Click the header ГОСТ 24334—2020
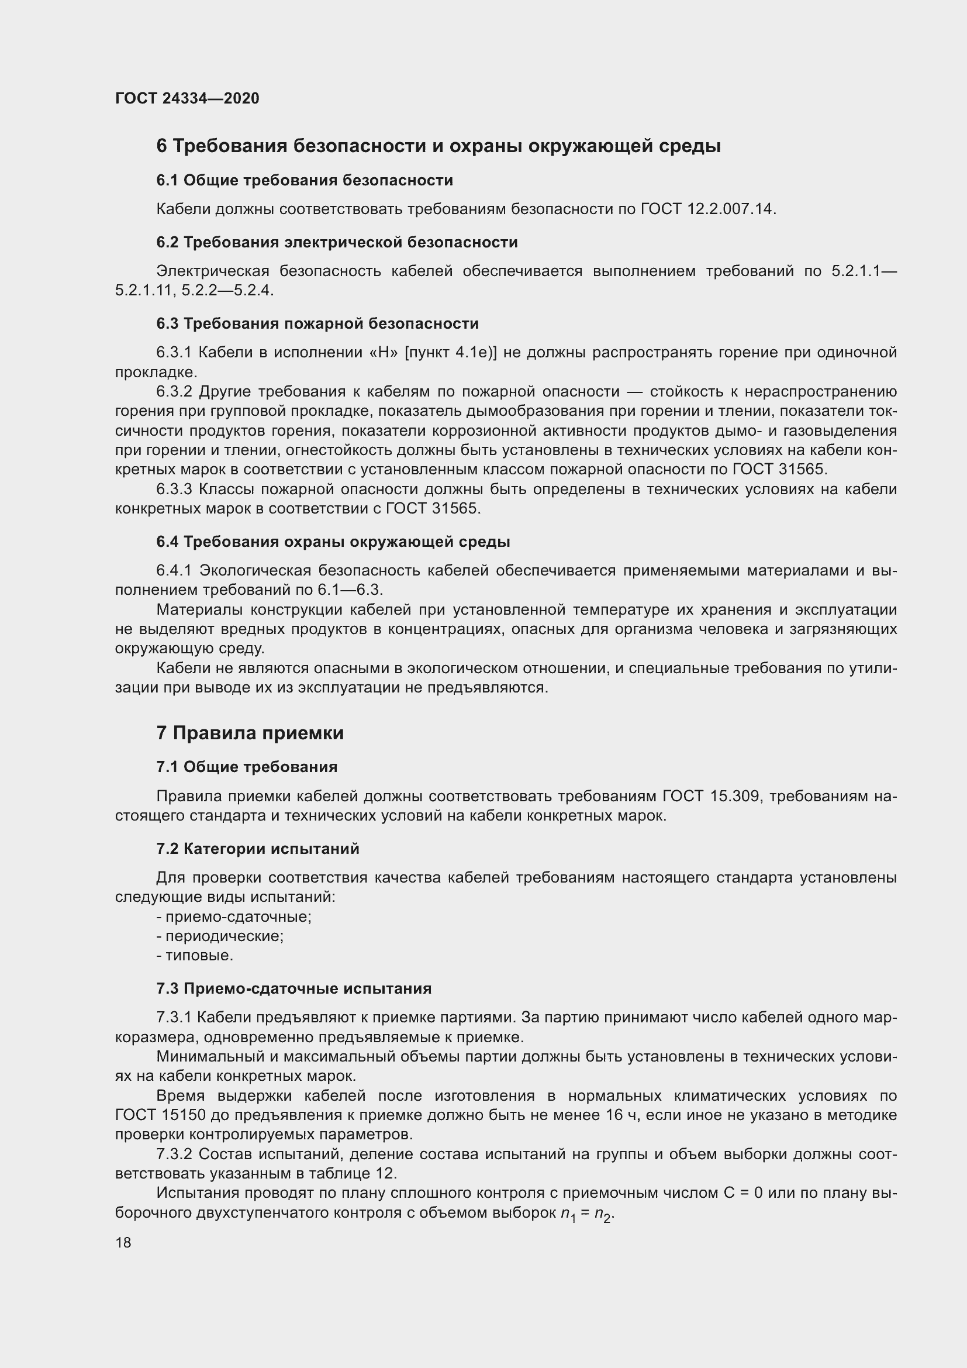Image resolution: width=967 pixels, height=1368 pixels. click(x=187, y=98)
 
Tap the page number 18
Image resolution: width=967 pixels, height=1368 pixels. click(x=123, y=1242)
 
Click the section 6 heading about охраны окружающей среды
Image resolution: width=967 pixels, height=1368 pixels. click(x=438, y=146)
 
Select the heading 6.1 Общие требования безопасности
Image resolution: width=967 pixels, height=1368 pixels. click(x=304, y=180)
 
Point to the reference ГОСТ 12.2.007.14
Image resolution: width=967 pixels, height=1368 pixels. click(x=708, y=209)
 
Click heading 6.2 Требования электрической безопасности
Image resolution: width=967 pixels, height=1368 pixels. click(x=337, y=243)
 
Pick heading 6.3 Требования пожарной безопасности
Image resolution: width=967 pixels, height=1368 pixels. click(x=317, y=323)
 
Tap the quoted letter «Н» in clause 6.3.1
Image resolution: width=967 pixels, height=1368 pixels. click(x=384, y=353)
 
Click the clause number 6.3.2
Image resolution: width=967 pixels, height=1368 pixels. click(x=174, y=392)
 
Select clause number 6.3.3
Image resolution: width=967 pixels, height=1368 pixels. click(x=174, y=490)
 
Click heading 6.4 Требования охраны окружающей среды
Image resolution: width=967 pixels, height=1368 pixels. click(x=333, y=542)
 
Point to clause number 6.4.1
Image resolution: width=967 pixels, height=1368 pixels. click(x=174, y=571)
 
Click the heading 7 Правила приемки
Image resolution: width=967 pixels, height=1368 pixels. click(x=250, y=733)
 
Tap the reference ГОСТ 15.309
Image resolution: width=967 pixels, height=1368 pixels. click(x=712, y=796)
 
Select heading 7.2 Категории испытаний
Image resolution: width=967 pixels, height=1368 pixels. click(x=258, y=849)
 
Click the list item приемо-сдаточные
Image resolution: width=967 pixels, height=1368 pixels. click(x=237, y=916)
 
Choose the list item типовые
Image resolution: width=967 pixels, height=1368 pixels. click(x=199, y=956)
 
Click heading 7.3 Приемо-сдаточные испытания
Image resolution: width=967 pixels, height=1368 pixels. click(x=293, y=988)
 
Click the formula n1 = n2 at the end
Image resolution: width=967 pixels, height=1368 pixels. click(x=586, y=1214)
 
